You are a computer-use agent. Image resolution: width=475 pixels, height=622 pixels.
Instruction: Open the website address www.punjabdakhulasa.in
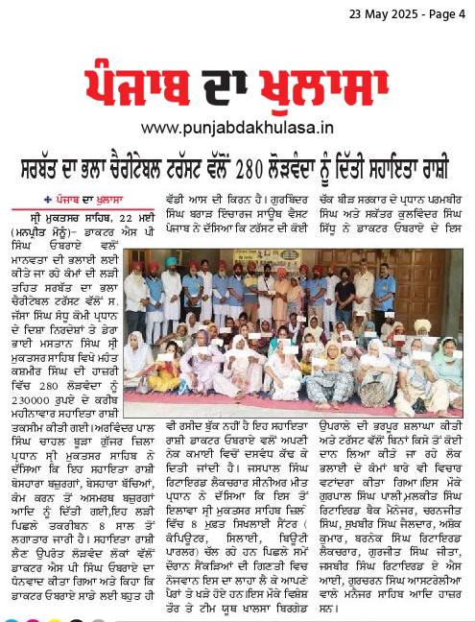click(237, 126)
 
